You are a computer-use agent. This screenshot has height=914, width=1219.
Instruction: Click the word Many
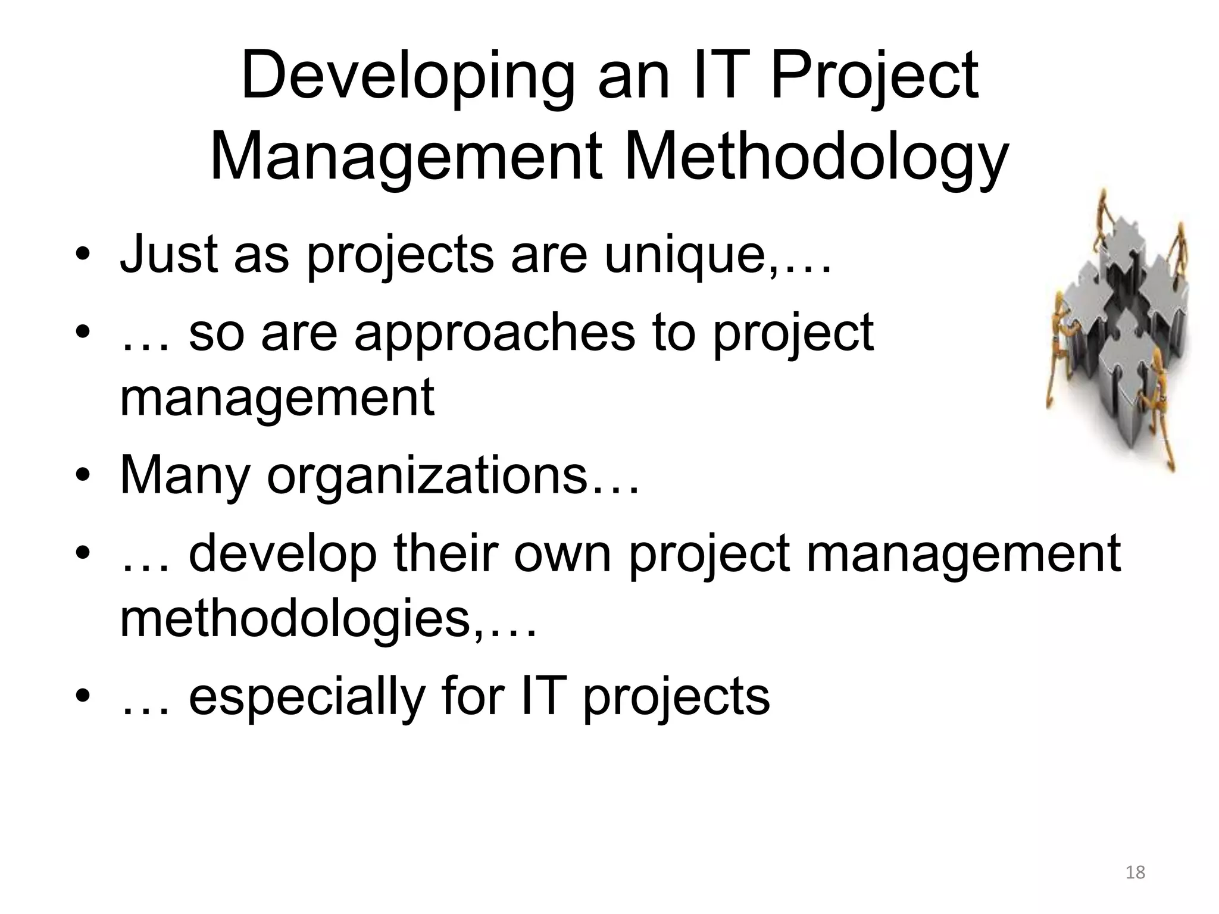coord(185,476)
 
